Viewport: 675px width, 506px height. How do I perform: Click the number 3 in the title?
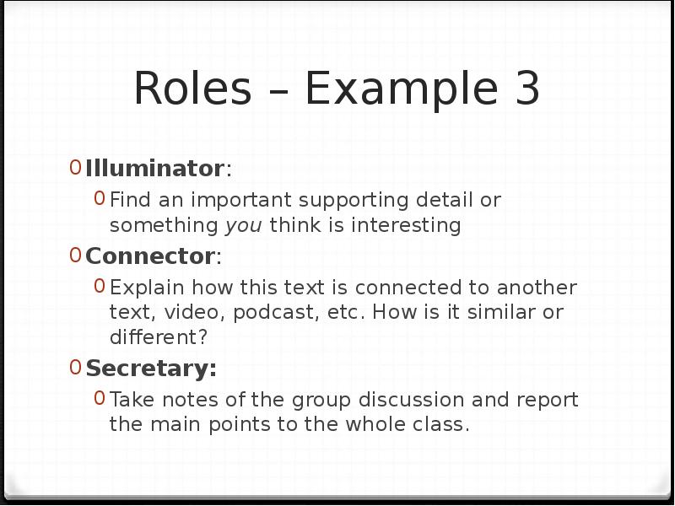click(x=524, y=89)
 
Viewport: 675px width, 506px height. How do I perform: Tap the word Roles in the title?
click(x=192, y=89)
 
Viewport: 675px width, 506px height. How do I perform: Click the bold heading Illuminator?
click(x=154, y=169)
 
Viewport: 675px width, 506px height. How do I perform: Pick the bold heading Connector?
click(x=151, y=256)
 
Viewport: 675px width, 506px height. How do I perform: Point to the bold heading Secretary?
click(x=151, y=369)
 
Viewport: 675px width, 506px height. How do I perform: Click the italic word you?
click(x=244, y=226)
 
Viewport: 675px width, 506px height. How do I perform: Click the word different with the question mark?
click(x=158, y=337)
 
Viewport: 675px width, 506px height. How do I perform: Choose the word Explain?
click(x=141, y=288)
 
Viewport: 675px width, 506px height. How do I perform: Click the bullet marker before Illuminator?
click(x=76, y=168)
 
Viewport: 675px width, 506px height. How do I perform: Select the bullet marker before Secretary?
click(x=76, y=368)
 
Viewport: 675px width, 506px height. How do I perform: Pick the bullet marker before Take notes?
click(x=100, y=399)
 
